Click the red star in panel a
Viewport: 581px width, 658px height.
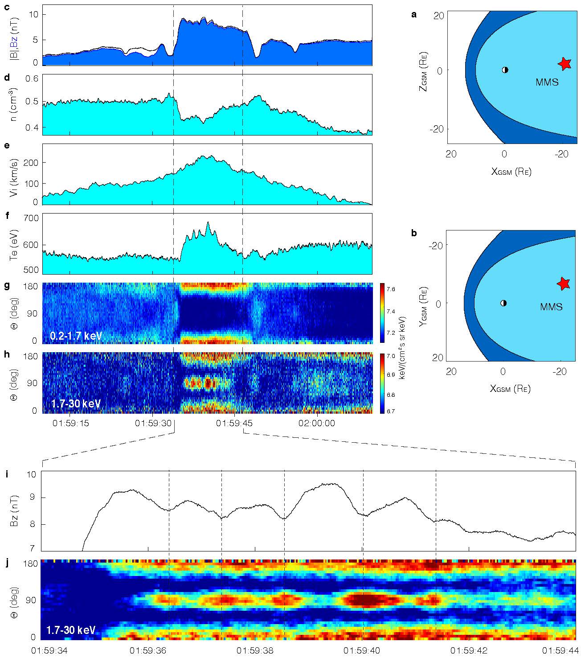click(565, 64)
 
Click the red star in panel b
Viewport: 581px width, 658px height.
click(564, 283)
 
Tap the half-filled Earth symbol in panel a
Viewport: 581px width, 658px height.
click(505, 70)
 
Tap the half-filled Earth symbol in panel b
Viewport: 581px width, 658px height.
click(503, 303)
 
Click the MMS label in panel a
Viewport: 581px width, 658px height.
click(547, 82)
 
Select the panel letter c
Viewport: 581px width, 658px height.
click(6, 8)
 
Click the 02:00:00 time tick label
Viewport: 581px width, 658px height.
click(317, 423)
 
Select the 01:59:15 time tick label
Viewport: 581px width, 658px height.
click(70, 423)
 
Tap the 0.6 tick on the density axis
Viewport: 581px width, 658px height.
click(34, 78)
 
